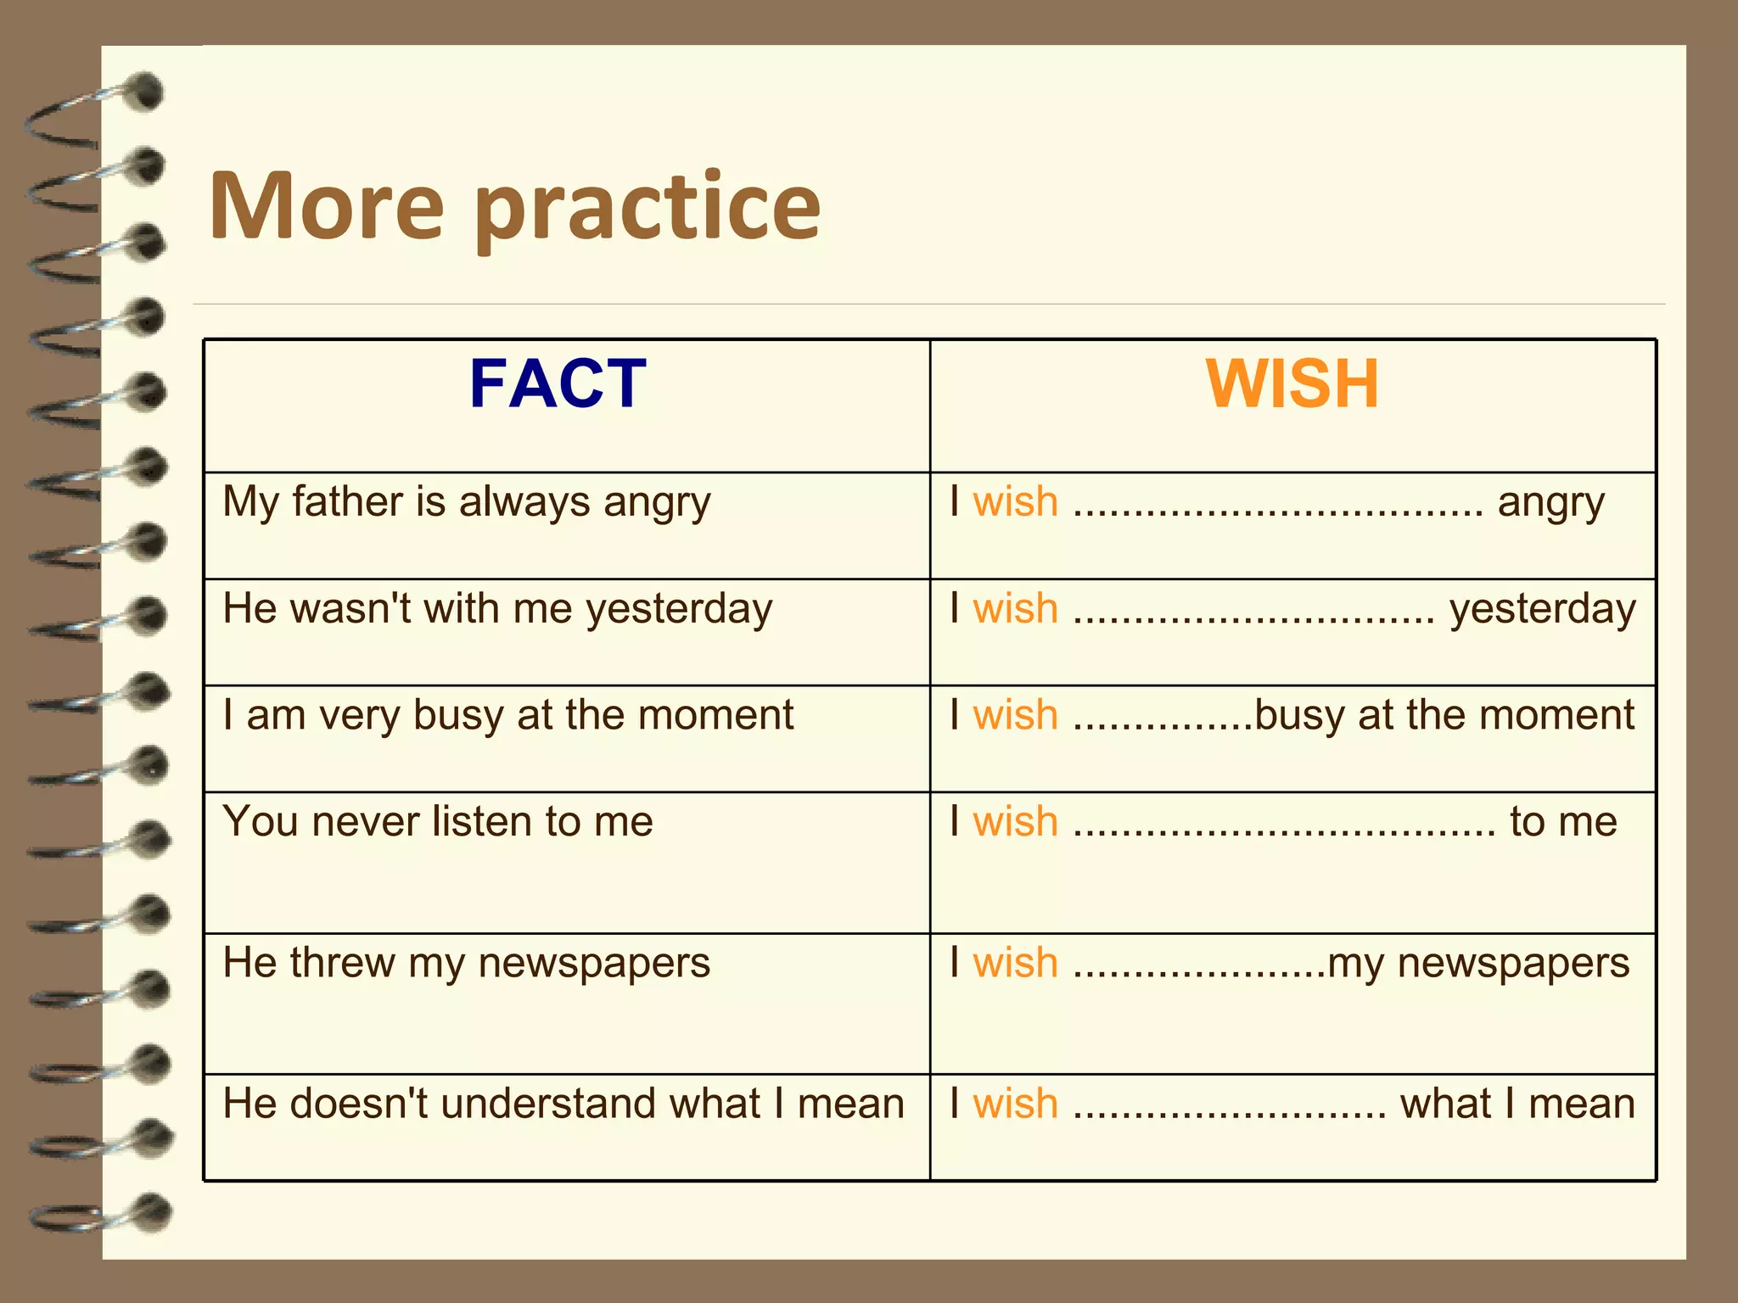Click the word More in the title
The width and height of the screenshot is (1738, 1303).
pos(327,205)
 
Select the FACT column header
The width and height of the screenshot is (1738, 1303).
pos(558,383)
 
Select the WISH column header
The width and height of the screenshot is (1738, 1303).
pos(1292,383)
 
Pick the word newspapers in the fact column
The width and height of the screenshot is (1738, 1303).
pos(593,963)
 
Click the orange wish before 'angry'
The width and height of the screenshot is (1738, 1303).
pos(1015,501)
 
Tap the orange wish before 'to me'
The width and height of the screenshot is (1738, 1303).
pos(1015,821)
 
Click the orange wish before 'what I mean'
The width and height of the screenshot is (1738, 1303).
pos(1015,1104)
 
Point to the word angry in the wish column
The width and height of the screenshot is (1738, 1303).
pos(1550,503)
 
